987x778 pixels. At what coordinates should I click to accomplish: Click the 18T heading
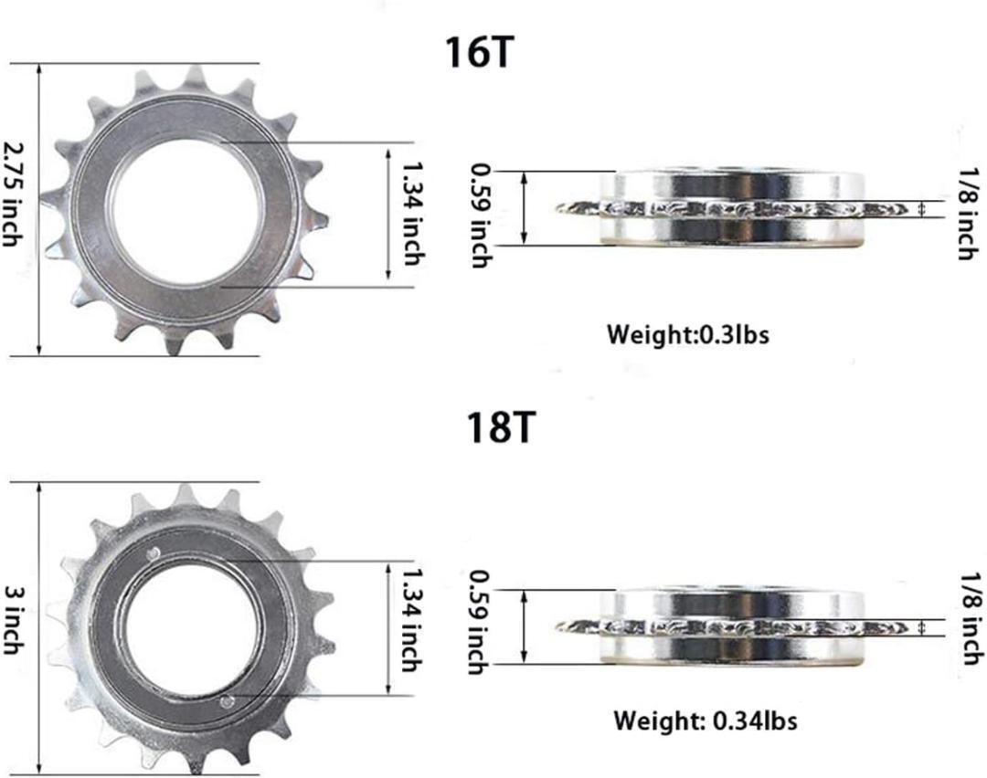[x=501, y=427]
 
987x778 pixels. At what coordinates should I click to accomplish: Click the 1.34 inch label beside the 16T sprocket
[x=413, y=214]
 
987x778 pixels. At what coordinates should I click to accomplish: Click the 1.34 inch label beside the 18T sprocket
[x=413, y=620]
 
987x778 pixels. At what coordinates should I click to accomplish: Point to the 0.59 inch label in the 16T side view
[x=481, y=216]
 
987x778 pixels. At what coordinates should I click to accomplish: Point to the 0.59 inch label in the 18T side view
[x=481, y=622]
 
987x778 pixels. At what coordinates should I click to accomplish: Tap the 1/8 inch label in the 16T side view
[x=969, y=214]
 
